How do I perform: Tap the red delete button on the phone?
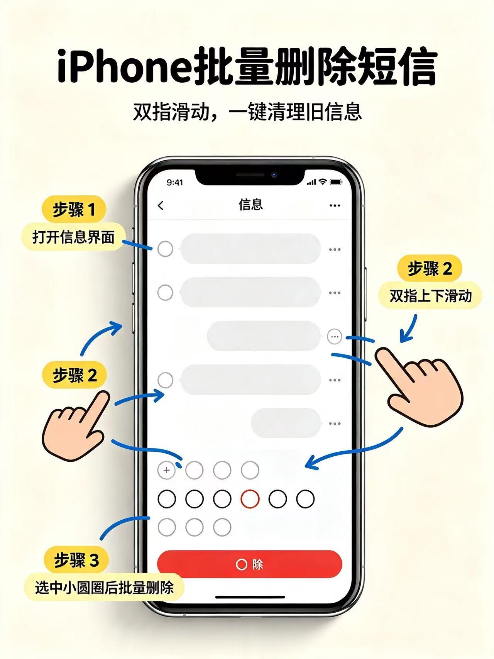[249, 564]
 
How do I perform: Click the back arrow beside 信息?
[161, 205]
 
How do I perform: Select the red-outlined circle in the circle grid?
[250, 499]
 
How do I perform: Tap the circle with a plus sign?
[166, 470]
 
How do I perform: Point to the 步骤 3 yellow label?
[76, 560]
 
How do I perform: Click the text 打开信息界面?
[73, 237]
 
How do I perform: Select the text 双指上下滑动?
[431, 296]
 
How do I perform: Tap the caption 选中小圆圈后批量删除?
[104, 588]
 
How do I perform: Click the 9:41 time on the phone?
[175, 182]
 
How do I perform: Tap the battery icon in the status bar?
[336, 182]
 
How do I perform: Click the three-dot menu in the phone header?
[335, 205]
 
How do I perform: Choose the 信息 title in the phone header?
[251, 205]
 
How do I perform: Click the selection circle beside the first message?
[165, 249]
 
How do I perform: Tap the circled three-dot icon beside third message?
[335, 337]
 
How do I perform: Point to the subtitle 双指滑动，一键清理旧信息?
[247, 112]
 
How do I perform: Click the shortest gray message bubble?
[286, 423]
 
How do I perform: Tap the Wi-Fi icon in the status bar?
[323, 182]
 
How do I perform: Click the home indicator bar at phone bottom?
[250, 597]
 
